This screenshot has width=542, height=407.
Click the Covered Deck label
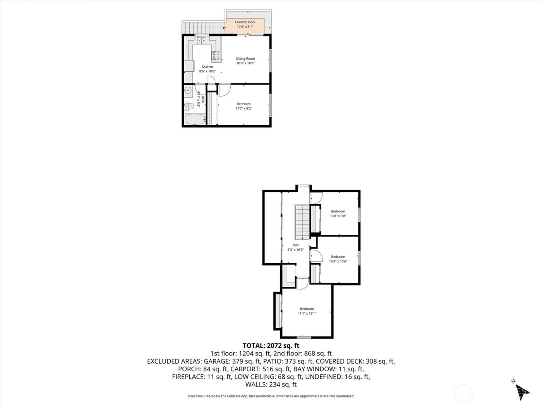[245, 22]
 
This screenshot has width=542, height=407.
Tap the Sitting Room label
[245, 59]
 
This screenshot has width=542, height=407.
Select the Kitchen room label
[208, 67]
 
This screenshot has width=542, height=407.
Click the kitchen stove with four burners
[216, 56]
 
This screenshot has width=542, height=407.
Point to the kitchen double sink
[201, 40]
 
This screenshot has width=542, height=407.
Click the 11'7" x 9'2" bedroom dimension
[244, 109]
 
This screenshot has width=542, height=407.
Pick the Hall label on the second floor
[296, 245]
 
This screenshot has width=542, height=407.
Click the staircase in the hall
[302, 222]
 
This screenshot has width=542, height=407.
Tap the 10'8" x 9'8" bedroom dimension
[338, 216]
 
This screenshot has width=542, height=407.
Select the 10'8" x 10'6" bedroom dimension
[338, 261]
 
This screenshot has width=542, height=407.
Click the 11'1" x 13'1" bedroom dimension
[307, 314]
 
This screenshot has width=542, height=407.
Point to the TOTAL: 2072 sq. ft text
[271, 345]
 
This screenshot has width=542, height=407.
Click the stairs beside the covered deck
[203, 28]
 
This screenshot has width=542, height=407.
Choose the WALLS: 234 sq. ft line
[271, 385]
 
